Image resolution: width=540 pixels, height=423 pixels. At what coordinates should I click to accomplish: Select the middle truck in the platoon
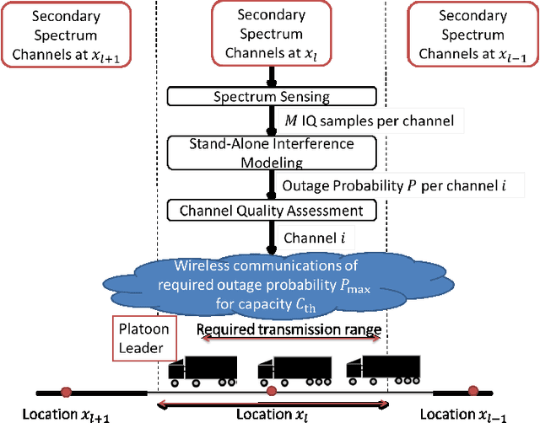click(289, 370)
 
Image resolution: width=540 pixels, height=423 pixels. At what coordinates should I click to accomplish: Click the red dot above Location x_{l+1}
click(66, 391)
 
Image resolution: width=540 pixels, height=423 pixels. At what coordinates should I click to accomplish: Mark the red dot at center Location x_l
click(271, 391)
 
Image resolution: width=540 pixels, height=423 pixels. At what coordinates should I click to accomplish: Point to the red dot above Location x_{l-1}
click(472, 391)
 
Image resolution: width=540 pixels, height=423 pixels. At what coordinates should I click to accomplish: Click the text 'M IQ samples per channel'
click(368, 121)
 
